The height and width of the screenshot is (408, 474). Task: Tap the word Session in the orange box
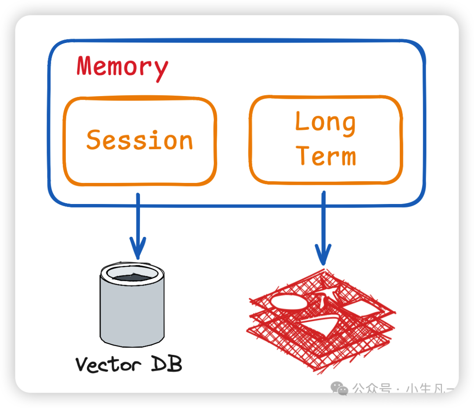click(x=140, y=140)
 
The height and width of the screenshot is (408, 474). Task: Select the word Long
click(x=325, y=122)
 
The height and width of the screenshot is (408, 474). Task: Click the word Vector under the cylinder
click(x=108, y=364)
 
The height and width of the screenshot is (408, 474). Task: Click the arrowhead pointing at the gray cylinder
click(x=137, y=249)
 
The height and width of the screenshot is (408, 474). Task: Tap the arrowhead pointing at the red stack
click(x=323, y=256)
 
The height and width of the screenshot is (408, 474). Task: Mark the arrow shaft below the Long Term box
click(x=323, y=219)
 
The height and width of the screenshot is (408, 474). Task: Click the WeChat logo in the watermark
click(x=339, y=388)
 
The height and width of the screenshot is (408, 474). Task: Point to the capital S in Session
click(x=94, y=140)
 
